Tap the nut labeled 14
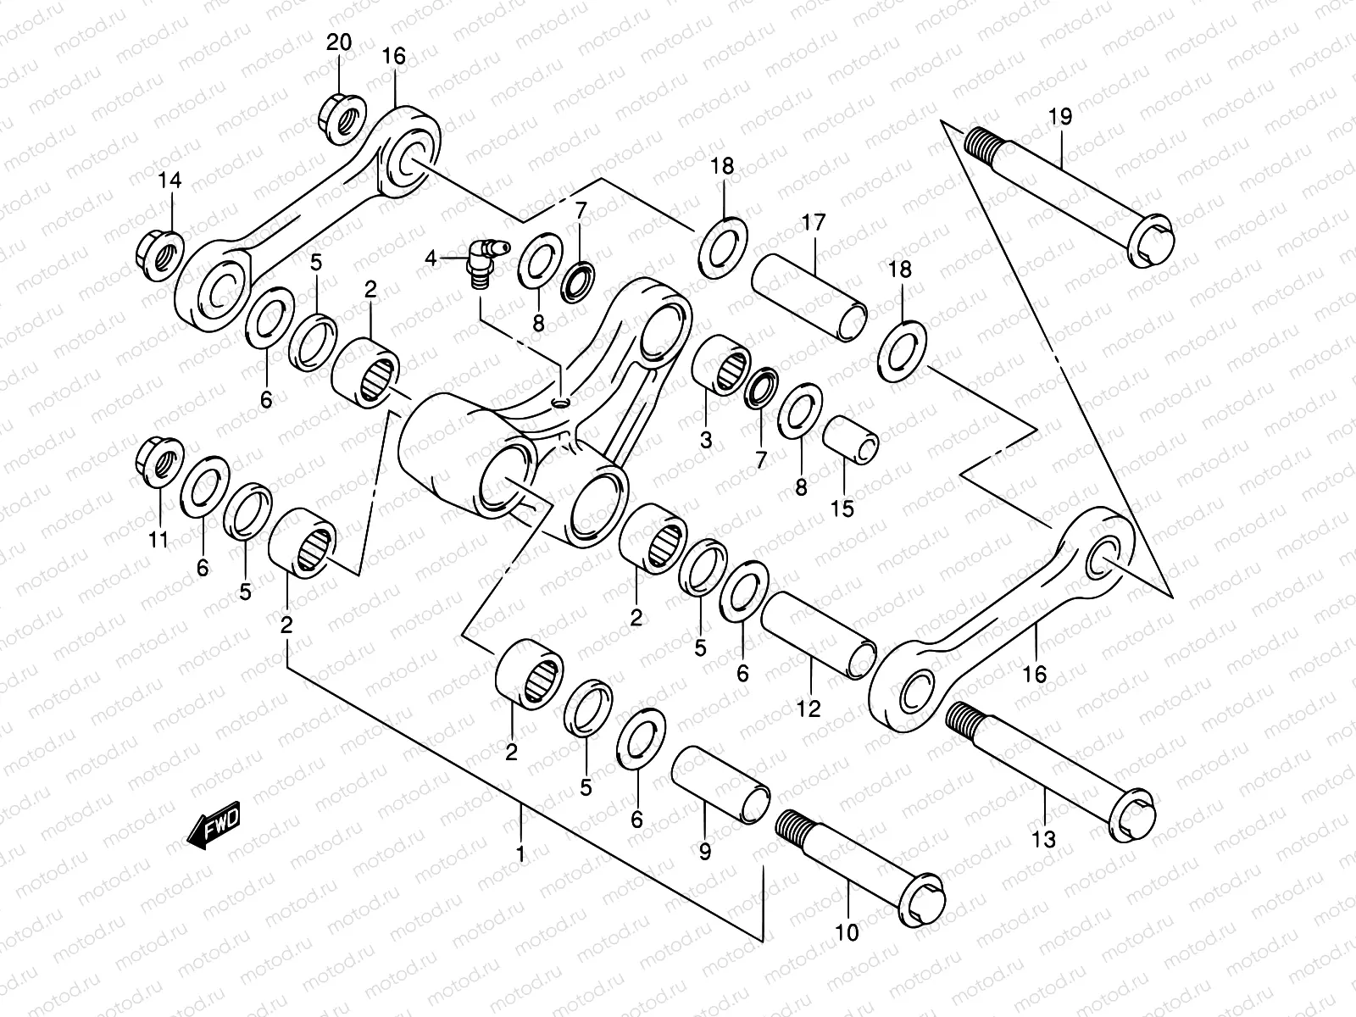pos(159,254)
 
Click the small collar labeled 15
pos(851,440)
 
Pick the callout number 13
pos(1044,839)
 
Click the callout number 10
pos(847,932)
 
